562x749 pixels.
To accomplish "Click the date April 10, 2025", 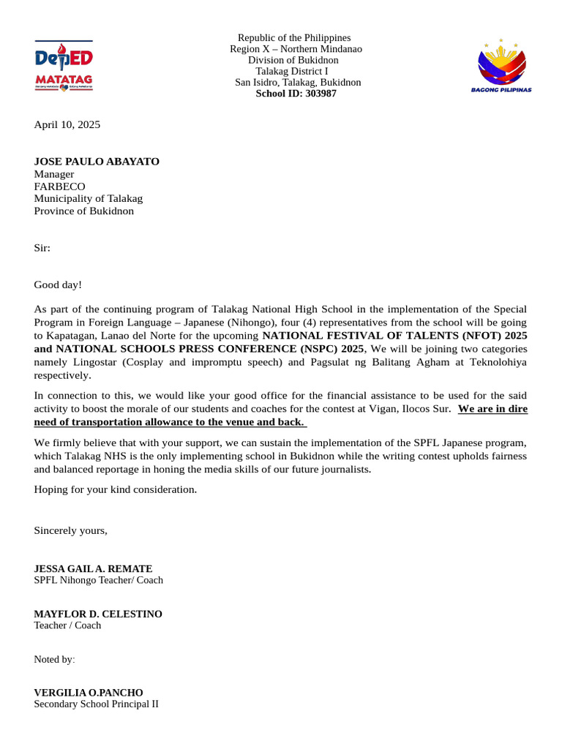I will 67,124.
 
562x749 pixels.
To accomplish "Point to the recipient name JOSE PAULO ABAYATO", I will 97,162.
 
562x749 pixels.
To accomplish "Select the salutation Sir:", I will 42,248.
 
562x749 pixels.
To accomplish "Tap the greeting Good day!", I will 59,285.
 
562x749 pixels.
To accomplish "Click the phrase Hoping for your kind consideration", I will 116,489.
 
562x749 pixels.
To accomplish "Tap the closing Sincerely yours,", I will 71,530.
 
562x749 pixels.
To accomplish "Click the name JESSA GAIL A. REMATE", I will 94,568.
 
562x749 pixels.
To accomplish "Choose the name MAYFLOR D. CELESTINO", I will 98,614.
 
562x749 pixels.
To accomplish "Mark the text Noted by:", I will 55,659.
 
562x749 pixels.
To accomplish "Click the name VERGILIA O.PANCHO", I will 89,692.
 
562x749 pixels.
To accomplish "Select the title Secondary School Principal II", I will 96,704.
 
